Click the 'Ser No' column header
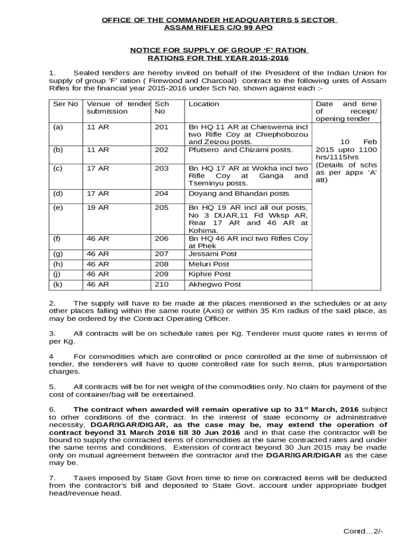(x=65, y=104)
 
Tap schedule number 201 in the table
(x=161, y=127)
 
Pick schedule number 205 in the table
(x=161, y=208)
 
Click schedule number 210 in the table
(x=161, y=284)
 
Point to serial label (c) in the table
(x=57, y=168)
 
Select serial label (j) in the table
(x=57, y=274)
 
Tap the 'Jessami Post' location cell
(x=212, y=254)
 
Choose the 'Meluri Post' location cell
(x=208, y=264)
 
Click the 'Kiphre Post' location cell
(x=209, y=274)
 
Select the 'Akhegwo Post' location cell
(x=214, y=284)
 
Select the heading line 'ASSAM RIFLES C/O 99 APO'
(x=218, y=27)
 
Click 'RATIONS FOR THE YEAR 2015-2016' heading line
(x=218, y=58)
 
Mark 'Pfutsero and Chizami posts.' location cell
(x=240, y=150)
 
